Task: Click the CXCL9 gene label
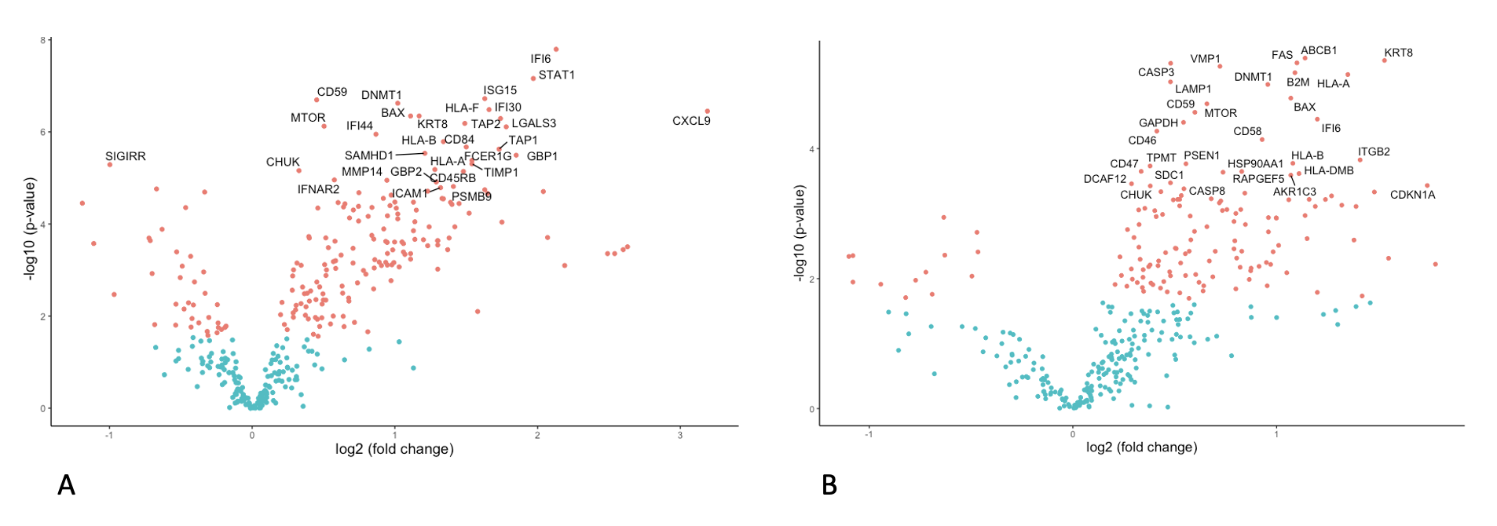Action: click(691, 121)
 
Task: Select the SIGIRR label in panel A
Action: click(126, 156)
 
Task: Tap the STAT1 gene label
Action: click(556, 75)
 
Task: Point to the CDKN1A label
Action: click(1412, 195)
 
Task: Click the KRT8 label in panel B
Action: click(1398, 53)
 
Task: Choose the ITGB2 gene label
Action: click(1374, 152)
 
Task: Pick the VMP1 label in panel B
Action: click(1205, 59)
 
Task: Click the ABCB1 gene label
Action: click(1319, 51)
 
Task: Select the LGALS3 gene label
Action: click(533, 123)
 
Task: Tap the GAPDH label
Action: click(1158, 123)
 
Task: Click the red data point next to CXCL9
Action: click(707, 111)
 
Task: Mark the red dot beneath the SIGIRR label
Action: click(110, 165)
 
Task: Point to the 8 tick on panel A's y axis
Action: click(43, 40)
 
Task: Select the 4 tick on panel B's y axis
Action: click(812, 149)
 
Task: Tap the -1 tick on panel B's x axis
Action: click(869, 434)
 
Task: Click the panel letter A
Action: click(67, 485)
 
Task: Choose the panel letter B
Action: click(829, 485)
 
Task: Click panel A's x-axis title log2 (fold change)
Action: click(394, 449)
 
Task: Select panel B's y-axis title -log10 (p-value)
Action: click(800, 233)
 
